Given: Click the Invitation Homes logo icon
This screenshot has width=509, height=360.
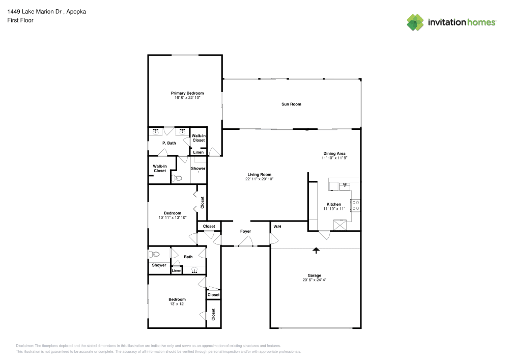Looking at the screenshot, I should (415, 22).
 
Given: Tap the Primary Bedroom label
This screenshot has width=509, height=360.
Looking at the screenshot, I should (187, 93).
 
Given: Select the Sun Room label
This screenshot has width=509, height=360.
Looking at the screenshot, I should (292, 104).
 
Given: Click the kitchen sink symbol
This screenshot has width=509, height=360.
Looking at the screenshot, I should (345, 186).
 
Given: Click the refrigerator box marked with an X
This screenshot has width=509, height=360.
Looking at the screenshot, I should (340, 225).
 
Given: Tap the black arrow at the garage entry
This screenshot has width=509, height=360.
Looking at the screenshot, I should (316, 250).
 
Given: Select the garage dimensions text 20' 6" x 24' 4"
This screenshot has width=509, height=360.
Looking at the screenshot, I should (315, 280).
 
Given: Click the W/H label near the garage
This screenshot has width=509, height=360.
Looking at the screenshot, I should (277, 226).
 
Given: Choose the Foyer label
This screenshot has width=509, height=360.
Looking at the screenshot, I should (246, 231).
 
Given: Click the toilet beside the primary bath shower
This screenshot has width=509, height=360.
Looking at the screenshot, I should (177, 178).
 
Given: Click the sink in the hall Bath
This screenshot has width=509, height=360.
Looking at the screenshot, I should (194, 271).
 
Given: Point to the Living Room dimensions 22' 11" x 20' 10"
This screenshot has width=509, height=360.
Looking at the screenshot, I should (260, 179).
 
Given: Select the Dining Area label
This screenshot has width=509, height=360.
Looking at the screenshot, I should (334, 153).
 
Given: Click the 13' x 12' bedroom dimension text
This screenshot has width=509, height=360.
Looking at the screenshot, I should (177, 303).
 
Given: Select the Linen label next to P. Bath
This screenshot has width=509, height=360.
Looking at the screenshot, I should (199, 152).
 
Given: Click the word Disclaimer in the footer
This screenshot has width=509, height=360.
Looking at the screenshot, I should (25, 345).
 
